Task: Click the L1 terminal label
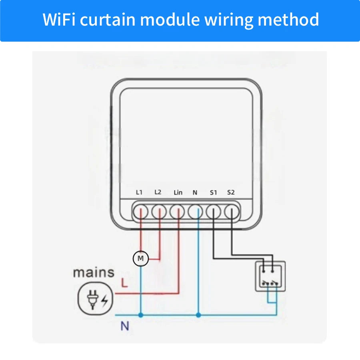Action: point(139,192)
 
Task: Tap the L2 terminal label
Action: point(158,192)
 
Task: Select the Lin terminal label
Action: point(178,192)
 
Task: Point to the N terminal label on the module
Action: point(195,192)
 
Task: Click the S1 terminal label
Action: point(213,192)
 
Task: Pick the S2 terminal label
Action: point(231,192)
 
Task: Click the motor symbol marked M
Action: point(140,259)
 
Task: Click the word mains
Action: point(93,273)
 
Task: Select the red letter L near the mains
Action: point(124,284)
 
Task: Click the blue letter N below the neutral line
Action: point(125,326)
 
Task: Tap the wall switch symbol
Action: point(270,276)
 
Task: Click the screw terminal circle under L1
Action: point(140,212)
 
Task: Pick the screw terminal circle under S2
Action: point(231,212)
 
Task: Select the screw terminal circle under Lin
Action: point(177,212)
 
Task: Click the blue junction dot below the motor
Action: point(140,315)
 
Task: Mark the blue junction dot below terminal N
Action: point(198,315)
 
